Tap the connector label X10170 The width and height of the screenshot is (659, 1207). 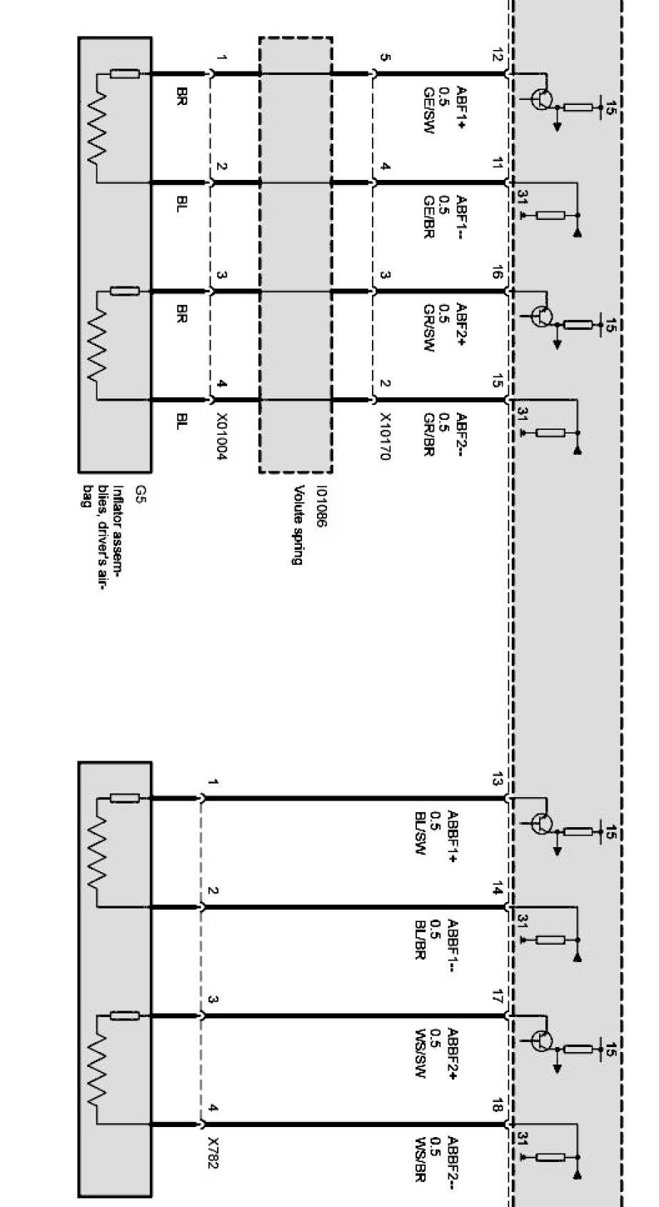tap(385, 436)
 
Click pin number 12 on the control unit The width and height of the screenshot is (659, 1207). tap(498, 57)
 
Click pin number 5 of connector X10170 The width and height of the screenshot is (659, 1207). tap(385, 57)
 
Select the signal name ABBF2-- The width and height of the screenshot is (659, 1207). tap(452, 1163)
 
